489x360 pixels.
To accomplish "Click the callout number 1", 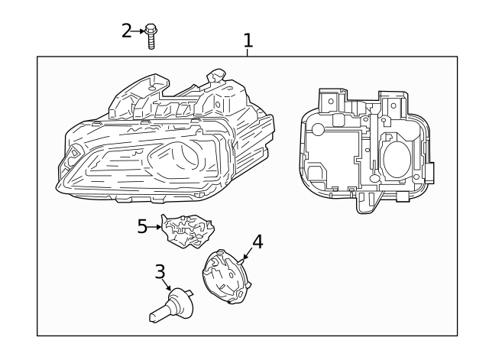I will click(248, 38).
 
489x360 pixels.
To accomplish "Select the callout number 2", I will click(127, 31).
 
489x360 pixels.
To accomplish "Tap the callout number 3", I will click(160, 271).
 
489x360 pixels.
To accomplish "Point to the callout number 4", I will click(257, 242).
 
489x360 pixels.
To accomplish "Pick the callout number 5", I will click(141, 227).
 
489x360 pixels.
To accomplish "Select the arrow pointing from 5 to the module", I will click(156, 227).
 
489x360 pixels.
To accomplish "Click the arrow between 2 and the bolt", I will click(139, 31).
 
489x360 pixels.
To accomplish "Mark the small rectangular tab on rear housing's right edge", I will click(429, 173).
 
